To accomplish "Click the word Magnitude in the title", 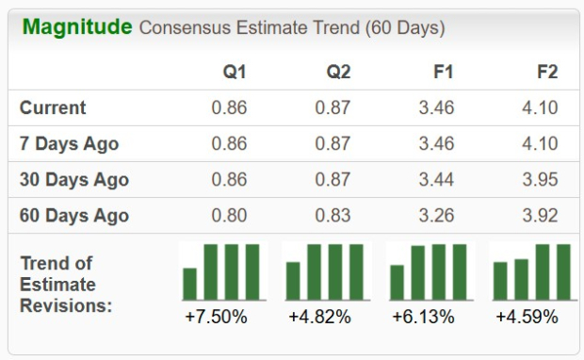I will (x=77, y=26).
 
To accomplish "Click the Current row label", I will (x=53, y=107).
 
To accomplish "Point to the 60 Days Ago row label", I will (x=73, y=215).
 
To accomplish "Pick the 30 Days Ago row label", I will (x=73, y=179).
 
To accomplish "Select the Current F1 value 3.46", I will (x=436, y=107).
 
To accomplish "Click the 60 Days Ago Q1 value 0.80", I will (x=229, y=215).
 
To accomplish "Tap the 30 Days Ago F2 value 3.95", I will (x=540, y=179).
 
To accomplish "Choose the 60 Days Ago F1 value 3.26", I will (x=436, y=215).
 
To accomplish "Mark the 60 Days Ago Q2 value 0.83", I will (x=333, y=215).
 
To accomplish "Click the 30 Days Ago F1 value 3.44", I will (x=436, y=179).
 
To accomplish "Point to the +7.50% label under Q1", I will (x=217, y=318).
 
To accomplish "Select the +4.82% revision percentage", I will (x=320, y=318).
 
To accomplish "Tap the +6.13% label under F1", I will (x=424, y=318).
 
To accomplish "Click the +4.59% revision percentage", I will (x=527, y=318).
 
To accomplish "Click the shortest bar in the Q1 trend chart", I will (x=190, y=283).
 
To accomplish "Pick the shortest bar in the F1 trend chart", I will (x=397, y=281).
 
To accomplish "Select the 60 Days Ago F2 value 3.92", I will (x=540, y=215).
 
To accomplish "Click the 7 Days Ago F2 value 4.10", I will (x=540, y=143).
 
